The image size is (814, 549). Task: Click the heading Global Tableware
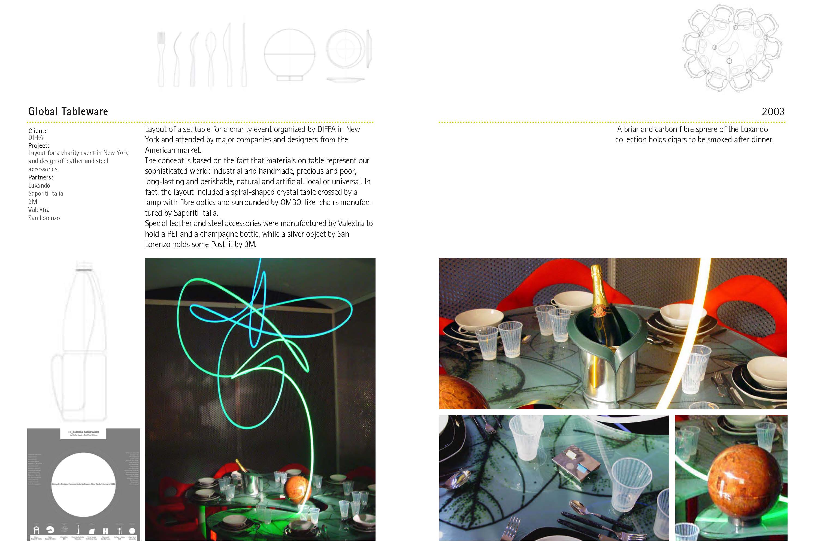(68, 111)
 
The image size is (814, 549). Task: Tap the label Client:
(37, 131)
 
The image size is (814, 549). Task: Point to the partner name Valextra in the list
(39, 210)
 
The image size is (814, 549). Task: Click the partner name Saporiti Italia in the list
(46, 193)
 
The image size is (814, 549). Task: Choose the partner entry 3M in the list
(32, 202)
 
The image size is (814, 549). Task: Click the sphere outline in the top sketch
(289, 54)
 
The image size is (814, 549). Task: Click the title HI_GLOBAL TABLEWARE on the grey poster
(84, 432)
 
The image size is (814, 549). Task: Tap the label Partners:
(40, 177)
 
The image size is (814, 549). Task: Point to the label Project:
(38, 145)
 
